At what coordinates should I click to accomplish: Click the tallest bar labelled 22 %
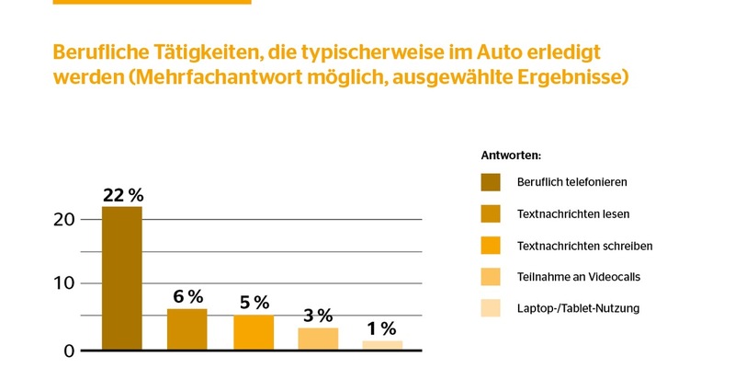121,278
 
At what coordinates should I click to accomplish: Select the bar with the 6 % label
187,329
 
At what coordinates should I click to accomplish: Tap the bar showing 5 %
254,332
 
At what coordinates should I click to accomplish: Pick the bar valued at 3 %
318,339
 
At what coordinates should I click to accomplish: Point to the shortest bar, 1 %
382,345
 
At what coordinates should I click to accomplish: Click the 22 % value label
122,195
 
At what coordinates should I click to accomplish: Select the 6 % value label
187,296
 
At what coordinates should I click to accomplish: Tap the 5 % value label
254,303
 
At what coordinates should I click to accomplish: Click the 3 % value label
318,316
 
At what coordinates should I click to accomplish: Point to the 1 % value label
382,328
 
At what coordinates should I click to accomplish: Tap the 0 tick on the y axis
69,350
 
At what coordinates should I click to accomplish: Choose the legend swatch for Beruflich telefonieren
491,182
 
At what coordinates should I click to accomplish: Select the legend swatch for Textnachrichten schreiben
491,245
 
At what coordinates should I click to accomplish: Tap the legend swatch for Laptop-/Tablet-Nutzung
491,307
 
